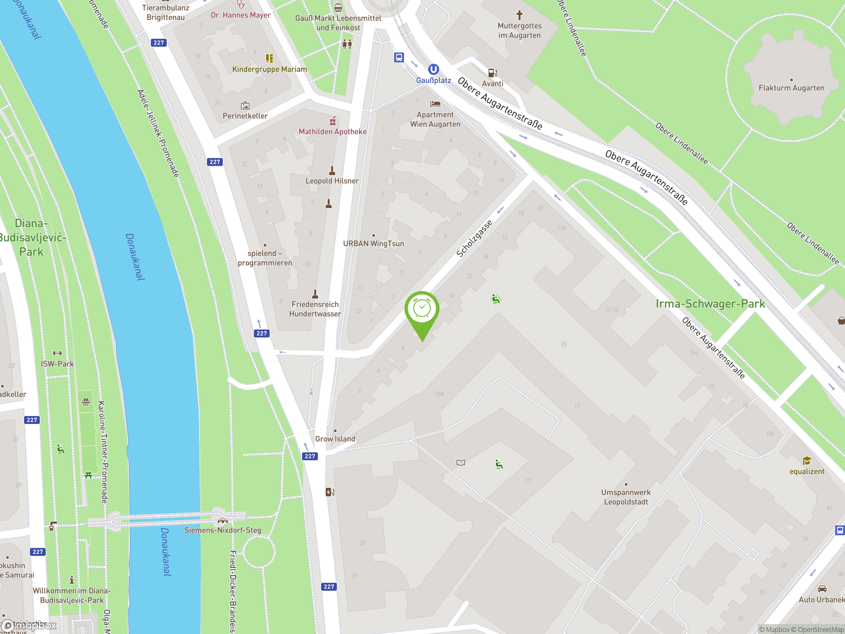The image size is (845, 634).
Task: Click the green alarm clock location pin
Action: pos(422,309)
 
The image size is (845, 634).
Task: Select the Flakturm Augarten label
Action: pos(791,88)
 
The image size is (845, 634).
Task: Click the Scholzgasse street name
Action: pos(474,239)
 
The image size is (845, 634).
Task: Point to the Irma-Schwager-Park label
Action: pos(710,304)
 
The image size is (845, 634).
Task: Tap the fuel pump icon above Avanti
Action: pos(492,73)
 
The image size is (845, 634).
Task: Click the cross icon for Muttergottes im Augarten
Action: pos(519,15)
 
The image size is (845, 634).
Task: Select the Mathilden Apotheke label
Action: pos(332,131)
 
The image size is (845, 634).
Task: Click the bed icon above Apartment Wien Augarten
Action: pos(435,104)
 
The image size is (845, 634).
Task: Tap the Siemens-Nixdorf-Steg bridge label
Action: pos(223,530)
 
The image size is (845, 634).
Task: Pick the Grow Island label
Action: pos(335,439)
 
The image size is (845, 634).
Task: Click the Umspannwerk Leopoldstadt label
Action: pos(626,497)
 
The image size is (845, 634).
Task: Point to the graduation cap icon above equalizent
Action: pos(806,461)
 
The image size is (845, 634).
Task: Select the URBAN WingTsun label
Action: pos(373,243)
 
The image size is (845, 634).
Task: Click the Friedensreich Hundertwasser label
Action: pos(315,309)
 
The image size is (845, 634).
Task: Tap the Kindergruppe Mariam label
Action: pos(269,69)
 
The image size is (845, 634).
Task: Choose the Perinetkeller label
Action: pos(245,116)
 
